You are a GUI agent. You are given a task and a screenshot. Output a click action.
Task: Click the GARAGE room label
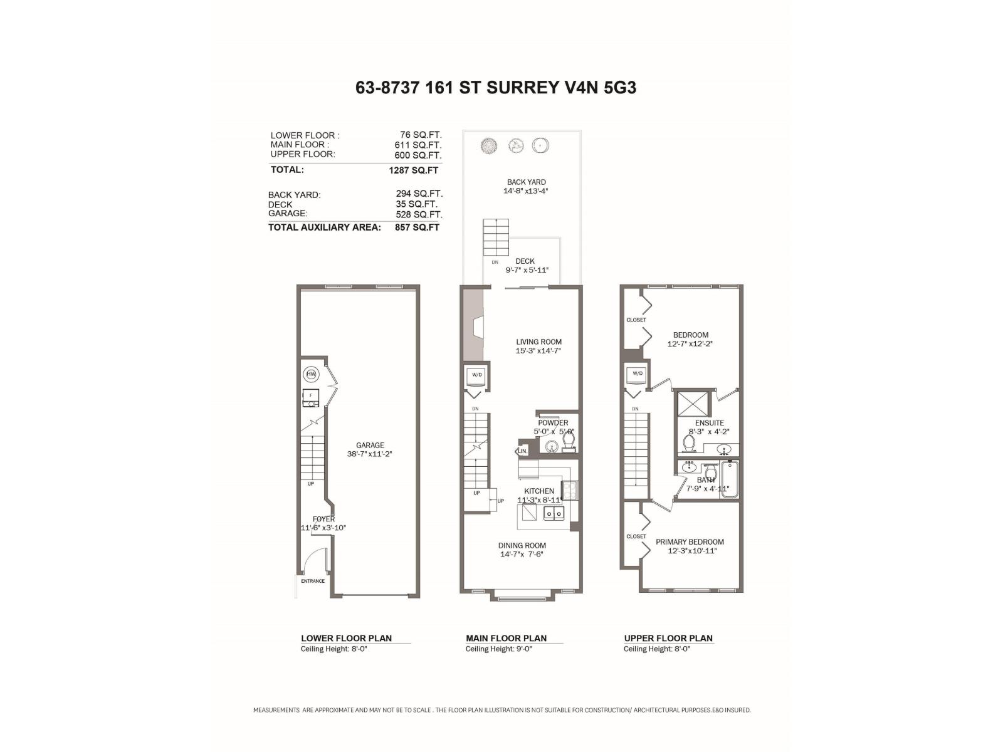pos(370,446)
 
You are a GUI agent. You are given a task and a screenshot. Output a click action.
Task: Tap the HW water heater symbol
pos(311,375)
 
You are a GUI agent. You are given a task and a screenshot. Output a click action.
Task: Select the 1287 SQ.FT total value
pos(413,170)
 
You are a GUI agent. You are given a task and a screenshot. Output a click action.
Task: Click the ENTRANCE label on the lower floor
pos(313,581)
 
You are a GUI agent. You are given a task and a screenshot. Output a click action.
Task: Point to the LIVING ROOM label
pos(538,342)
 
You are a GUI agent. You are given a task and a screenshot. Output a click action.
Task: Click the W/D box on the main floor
pos(477,375)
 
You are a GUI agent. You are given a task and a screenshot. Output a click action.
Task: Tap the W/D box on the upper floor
pos(638,374)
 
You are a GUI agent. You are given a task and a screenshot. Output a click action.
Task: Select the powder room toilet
pos(568,442)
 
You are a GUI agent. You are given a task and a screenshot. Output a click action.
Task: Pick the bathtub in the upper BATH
pos(729,479)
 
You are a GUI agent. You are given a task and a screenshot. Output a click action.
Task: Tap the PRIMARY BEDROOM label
pos(690,542)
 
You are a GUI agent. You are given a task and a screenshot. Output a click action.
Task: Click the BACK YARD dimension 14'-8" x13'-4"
pos(525,191)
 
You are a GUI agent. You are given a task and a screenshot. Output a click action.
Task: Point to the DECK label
pos(525,261)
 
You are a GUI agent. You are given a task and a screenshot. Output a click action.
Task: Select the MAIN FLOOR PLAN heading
pos(506,638)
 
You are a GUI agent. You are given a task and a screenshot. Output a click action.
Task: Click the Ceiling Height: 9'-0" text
pos(498,649)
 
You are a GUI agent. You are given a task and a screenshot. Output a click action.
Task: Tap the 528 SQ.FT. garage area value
pos(419,214)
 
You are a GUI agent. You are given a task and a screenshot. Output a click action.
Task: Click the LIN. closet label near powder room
pos(522,451)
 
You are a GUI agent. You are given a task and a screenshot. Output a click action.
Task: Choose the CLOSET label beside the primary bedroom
pos(636,536)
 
